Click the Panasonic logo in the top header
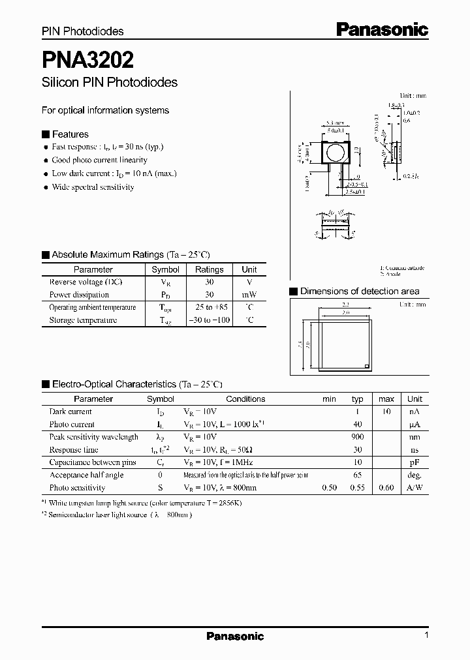tap(382, 29)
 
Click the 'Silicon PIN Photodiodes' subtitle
tap(109, 83)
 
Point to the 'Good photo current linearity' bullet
tap(99, 160)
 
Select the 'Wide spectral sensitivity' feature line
tap(93, 187)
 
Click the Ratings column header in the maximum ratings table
tap(209, 269)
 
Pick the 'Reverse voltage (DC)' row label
tap(85, 282)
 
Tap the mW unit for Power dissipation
tap(249, 295)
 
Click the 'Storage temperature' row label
tap(83, 320)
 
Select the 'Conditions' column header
tap(245, 398)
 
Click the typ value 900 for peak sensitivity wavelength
tap(357, 437)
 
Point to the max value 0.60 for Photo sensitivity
tap(386, 488)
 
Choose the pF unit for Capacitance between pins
tap(415, 462)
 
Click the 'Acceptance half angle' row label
tap(86, 475)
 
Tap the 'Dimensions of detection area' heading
tap(359, 292)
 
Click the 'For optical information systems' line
tap(105, 110)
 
